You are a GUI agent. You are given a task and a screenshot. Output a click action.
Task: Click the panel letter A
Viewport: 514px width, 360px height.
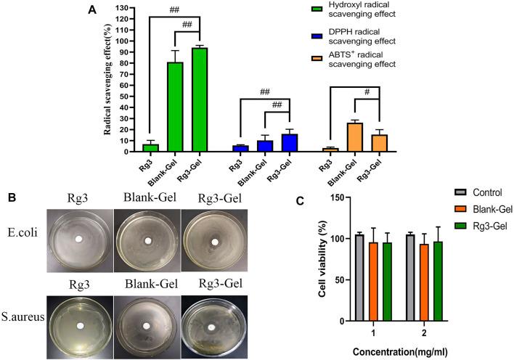91,9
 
